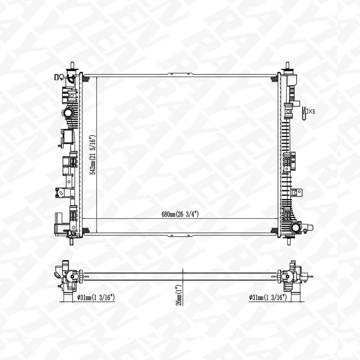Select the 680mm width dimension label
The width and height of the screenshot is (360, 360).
180,214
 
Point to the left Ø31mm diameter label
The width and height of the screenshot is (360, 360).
96,298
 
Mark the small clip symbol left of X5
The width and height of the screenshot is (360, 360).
304,112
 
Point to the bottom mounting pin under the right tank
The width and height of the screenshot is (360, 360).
288,241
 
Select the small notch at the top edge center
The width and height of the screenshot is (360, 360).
180,74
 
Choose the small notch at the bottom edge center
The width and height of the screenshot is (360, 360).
180,236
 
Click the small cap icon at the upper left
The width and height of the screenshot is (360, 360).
59,77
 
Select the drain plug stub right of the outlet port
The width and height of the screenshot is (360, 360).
310,227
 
